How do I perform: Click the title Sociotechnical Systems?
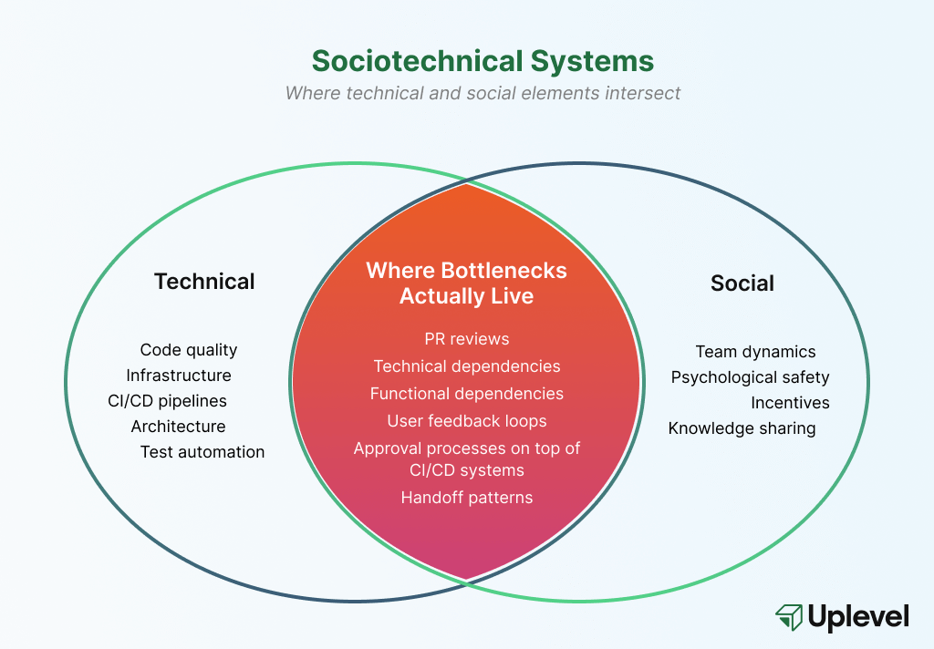[483, 61]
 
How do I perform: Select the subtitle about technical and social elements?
[483, 93]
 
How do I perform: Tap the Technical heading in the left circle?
[204, 282]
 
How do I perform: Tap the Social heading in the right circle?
[742, 283]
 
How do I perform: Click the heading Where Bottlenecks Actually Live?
[466, 283]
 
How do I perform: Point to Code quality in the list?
[188, 350]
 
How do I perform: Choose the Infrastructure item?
[179, 376]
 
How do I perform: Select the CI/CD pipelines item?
[167, 401]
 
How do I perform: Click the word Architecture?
[178, 427]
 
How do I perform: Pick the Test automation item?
[202, 452]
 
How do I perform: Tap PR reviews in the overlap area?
[467, 339]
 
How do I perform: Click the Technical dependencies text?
[467, 366]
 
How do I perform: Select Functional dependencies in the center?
[467, 394]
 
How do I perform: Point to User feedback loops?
[467, 421]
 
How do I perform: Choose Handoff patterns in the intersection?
[467, 498]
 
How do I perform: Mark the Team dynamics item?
[755, 352]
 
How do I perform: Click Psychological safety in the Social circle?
[750, 377]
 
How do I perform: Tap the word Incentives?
[790, 403]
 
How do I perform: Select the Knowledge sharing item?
[742, 428]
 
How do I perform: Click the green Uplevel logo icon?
[789, 617]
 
